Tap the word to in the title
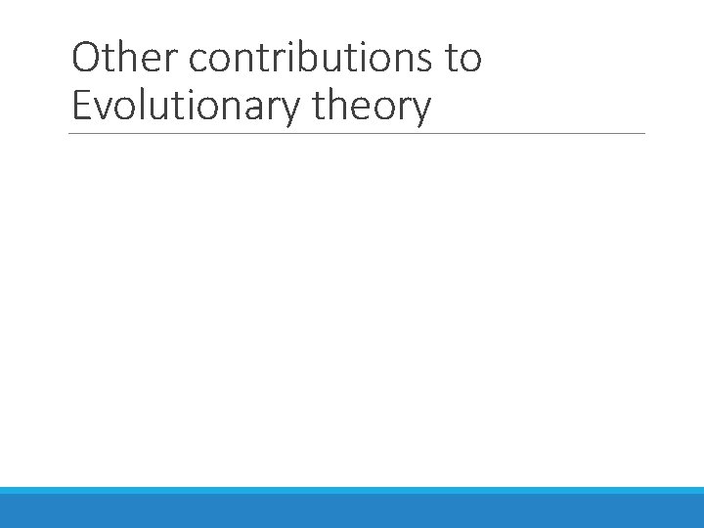pyautogui.click(x=463, y=59)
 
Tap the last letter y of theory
pyautogui.click(x=420, y=111)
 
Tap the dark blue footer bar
pyautogui.click(x=352, y=511)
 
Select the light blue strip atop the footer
pyautogui.click(x=352, y=490)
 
